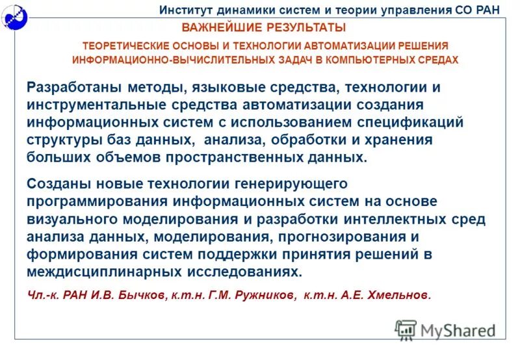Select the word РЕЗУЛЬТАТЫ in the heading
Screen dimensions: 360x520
[303, 28]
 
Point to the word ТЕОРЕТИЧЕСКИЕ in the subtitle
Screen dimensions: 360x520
[126, 46]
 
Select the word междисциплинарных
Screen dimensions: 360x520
[100, 272]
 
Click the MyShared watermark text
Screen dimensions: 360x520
[458, 330]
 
